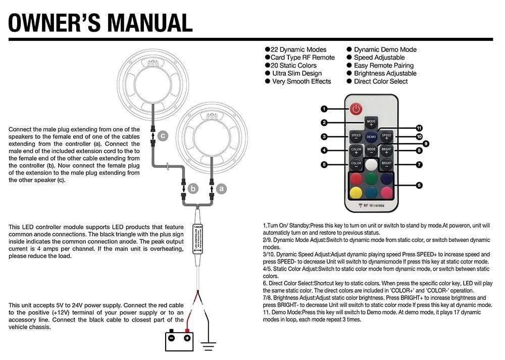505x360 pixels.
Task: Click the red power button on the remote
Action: [x=357, y=109]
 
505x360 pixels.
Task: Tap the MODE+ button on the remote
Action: [x=371, y=123]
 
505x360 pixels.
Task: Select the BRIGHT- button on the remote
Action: [x=386, y=164]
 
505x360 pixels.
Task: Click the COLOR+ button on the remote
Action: [x=356, y=150]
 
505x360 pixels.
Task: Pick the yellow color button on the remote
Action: [x=356, y=192]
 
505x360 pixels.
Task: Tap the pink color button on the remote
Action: [x=386, y=192]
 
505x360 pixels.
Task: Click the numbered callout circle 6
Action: [x=419, y=185]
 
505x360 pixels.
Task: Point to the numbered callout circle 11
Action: [x=419, y=128]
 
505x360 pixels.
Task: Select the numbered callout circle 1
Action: [x=324, y=109]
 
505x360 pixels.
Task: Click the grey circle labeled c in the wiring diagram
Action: [x=162, y=135]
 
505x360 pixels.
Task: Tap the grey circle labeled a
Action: [x=221, y=188]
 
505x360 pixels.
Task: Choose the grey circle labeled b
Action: [x=193, y=188]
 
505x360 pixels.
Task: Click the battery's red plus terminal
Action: [x=187, y=337]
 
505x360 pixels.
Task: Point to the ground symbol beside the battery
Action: [x=208, y=344]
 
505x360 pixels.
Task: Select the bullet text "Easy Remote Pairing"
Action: [x=383, y=66]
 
